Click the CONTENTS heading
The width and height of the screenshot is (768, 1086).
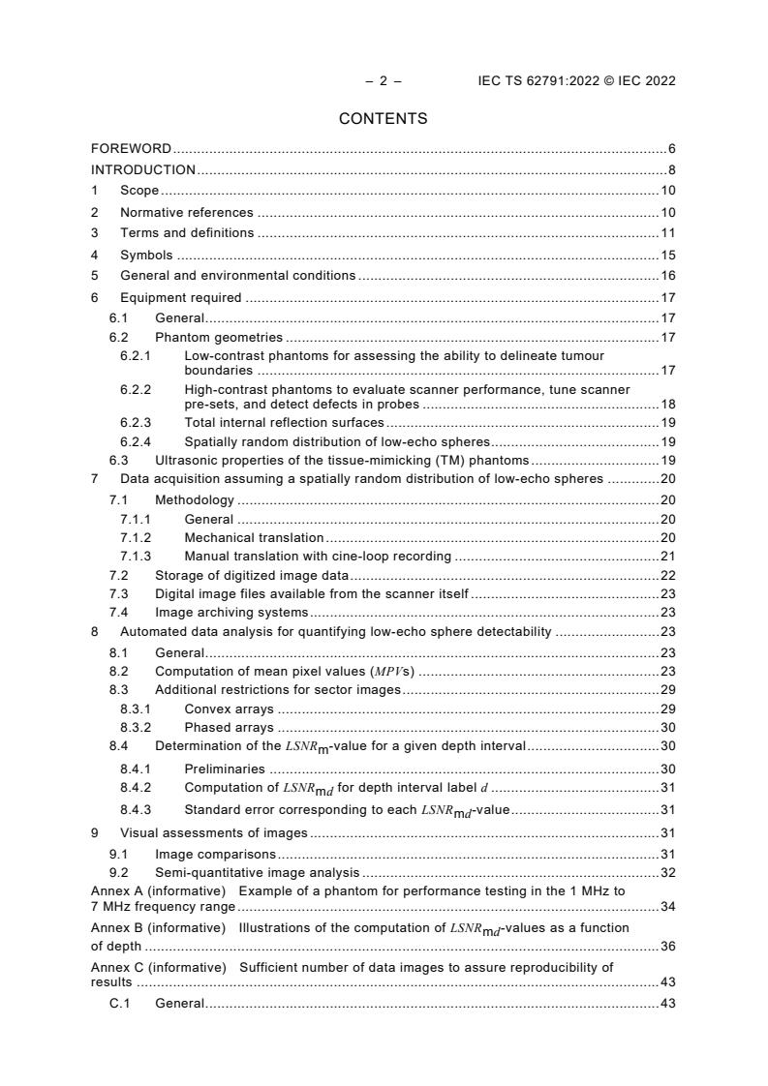pos(383,119)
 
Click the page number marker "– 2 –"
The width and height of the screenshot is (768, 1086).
pos(384,81)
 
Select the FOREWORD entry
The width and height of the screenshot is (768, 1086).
pos(131,149)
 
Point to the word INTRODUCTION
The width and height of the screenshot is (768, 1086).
pos(143,170)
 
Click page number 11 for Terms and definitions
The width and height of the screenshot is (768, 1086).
pos(667,233)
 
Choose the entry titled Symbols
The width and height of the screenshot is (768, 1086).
pos(146,256)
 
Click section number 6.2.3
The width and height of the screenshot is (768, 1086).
pos(136,423)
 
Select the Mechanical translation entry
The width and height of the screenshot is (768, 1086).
pos(254,537)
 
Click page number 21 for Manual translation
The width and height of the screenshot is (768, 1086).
pos(667,557)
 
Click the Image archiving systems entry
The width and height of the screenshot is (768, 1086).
pos(231,612)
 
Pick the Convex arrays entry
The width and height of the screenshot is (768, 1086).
pos(229,709)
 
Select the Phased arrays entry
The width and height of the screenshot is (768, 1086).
pos(229,728)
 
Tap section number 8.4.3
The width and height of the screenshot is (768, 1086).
pos(136,809)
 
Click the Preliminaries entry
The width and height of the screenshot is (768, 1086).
pos(225,769)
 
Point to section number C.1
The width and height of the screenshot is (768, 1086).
pos(119,1004)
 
